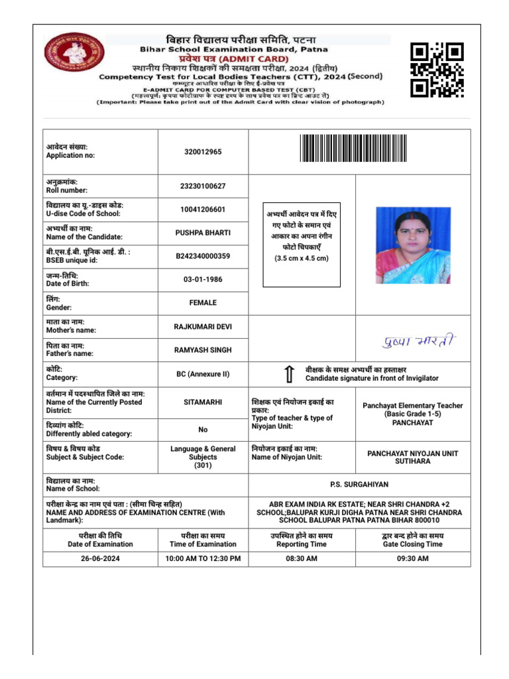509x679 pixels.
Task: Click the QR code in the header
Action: [x=436, y=70]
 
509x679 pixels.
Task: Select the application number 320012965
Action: [x=203, y=152]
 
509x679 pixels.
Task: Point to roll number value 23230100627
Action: [x=203, y=186]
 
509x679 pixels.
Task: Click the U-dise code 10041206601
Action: [x=203, y=210]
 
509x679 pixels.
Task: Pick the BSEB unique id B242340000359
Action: [x=203, y=256]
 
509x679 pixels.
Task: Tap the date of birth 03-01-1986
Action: [x=203, y=279]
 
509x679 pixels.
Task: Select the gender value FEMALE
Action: [x=203, y=303]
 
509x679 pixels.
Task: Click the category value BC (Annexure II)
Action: [x=203, y=374]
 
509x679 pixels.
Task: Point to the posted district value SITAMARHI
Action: [x=203, y=402]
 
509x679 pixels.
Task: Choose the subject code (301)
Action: [x=203, y=465]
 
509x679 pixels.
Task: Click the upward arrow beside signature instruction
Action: [x=289, y=374]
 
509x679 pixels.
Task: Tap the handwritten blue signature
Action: [x=419, y=341]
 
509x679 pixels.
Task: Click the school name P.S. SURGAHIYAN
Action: [x=359, y=485]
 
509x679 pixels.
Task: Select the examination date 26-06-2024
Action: [x=100, y=559]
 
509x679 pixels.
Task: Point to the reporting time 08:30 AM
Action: [x=302, y=559]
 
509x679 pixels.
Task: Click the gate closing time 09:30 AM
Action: [x=412, y=559]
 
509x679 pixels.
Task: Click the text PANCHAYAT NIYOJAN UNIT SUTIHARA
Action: [x=412, y=457]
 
